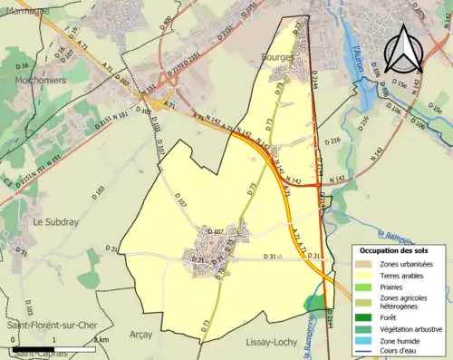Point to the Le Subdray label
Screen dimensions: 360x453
[x=53, y=220]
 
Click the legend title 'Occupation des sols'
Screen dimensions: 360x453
[x=400, y=250]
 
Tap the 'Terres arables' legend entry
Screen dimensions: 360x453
[x=404, y=275]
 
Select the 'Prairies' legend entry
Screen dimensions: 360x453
[x=396, y=287]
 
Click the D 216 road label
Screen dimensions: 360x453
[x=331, y=141]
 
